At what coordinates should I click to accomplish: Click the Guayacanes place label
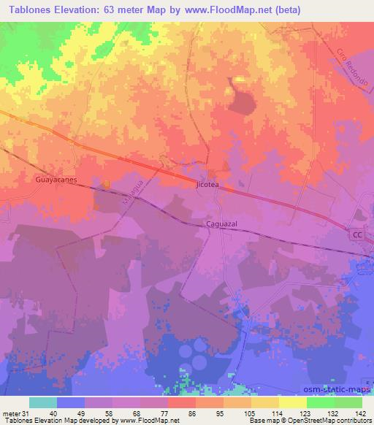[56, 178]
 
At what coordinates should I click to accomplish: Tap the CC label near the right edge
[356, 235]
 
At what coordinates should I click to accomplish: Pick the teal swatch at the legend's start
[43, 402]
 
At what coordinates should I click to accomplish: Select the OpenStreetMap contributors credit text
[328, 421]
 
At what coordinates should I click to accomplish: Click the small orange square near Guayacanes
[107, 184]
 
